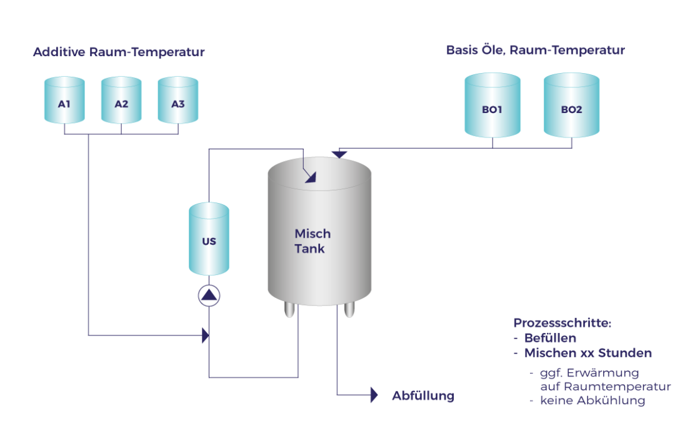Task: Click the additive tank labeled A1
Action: [x=64, y=101]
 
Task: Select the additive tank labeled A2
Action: [x=121, y=101]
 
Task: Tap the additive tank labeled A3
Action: [x=178, y=101]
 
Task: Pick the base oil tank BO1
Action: [x=492, y=106]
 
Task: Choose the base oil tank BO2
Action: [x=571, y=106]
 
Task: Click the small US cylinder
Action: [x=209, y=239]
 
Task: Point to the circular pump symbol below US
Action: [x=209, y=295]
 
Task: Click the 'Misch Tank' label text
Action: [x=312, y=241]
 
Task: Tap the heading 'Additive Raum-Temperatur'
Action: [x=119, y=52]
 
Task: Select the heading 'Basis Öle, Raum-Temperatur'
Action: [x=535, y=51]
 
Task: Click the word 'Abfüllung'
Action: [x=423, y=396]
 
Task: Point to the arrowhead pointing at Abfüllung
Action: [x=374, y=395]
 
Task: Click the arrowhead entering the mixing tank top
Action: [x=310, y=177]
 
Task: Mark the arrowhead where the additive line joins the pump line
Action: [x=205, y=335]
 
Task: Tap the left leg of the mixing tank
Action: [x=289, y=310]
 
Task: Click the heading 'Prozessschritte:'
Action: [x=562, y=323]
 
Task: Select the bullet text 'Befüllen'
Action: [x=550, y=338]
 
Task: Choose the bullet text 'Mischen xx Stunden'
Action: [x=587, y=353]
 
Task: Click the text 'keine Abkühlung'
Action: [x=592, y=401]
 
